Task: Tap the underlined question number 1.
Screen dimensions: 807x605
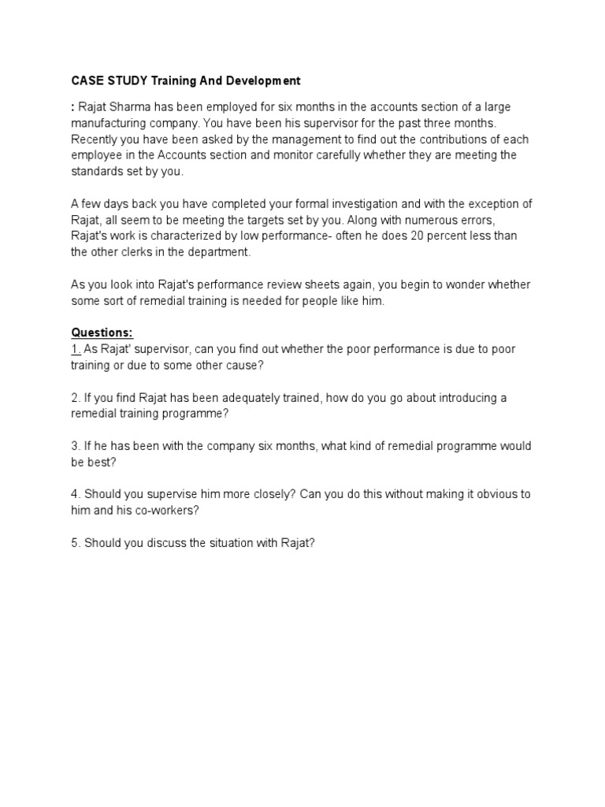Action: click(x=76, y=349)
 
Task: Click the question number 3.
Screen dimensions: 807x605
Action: click(x=76, y=446)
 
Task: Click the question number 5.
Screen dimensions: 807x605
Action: click(x=76, y=542)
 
